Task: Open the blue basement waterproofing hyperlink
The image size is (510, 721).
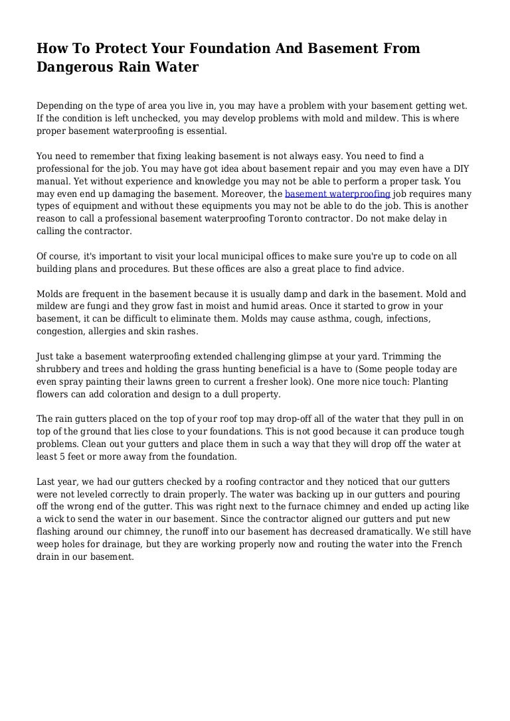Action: [x=337, y=194]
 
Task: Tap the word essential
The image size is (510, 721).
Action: [x=205, y=131]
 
